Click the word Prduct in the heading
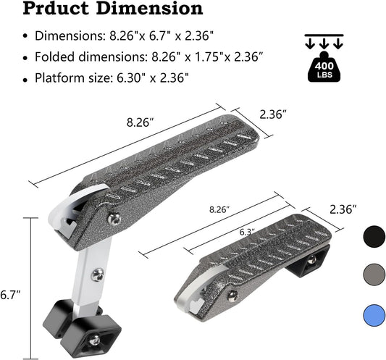56,9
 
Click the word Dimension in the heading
149,9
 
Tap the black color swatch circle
374,237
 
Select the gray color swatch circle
374,275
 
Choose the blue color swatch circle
374,316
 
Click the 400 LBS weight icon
324,67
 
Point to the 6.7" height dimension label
10,295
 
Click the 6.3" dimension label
248,233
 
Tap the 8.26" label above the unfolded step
140,122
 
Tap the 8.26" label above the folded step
219,210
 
